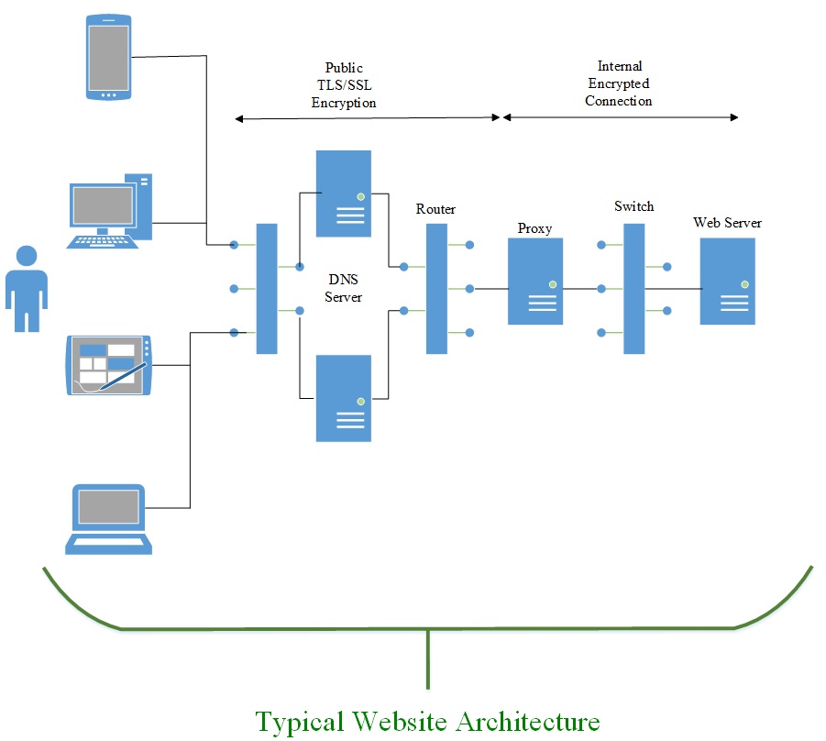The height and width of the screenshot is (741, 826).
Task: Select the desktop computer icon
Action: point(110,211)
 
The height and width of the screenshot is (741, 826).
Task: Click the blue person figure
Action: point(27,289)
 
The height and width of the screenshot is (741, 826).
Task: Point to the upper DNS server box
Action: point(344,193)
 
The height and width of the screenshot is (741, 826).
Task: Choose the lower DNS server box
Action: point(344,398)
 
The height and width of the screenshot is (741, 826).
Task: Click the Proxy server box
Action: point(535,281)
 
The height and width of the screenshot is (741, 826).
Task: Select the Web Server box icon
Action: point(728,281)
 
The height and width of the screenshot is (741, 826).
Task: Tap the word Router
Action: point(435,209)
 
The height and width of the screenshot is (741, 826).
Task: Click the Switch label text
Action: point(634,206)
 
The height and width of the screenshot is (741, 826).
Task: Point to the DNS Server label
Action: point(344,288)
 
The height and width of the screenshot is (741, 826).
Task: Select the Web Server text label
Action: point(727,223)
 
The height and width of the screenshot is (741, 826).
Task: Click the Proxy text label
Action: point(534,228)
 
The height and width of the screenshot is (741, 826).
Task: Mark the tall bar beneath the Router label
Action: point(436,288)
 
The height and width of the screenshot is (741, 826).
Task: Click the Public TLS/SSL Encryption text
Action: point(344,85)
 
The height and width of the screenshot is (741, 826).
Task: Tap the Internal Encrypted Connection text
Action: point(619,83)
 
